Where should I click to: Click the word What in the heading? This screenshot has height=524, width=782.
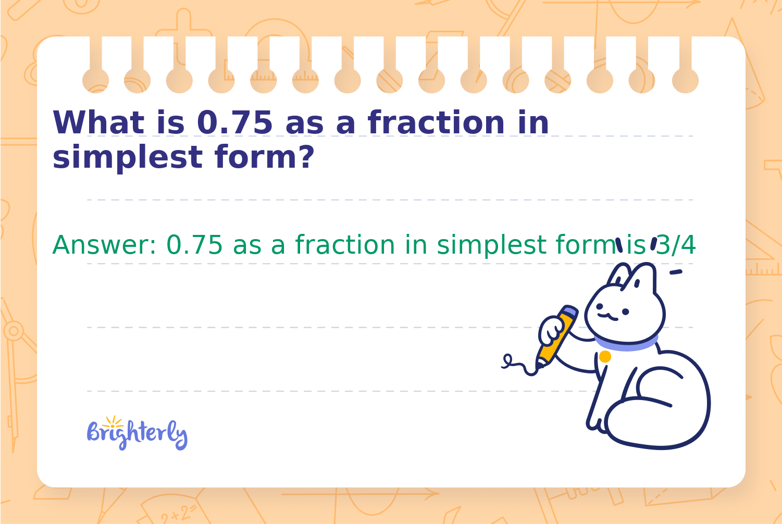tap(98, 122)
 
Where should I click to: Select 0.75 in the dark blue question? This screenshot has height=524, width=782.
tap(234, 122)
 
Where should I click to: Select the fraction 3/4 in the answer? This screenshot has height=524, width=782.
tap(676, 245)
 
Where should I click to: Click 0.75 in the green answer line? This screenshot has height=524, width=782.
tap(194, 245)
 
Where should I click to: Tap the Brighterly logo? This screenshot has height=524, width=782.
tap(137, 433)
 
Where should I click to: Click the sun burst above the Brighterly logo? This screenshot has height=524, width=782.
tap(113, 422)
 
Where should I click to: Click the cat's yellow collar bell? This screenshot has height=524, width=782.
tap(605, 357)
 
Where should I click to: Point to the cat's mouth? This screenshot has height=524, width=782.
tap(608, 317)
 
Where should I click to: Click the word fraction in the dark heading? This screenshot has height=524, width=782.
tap(436, 122)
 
